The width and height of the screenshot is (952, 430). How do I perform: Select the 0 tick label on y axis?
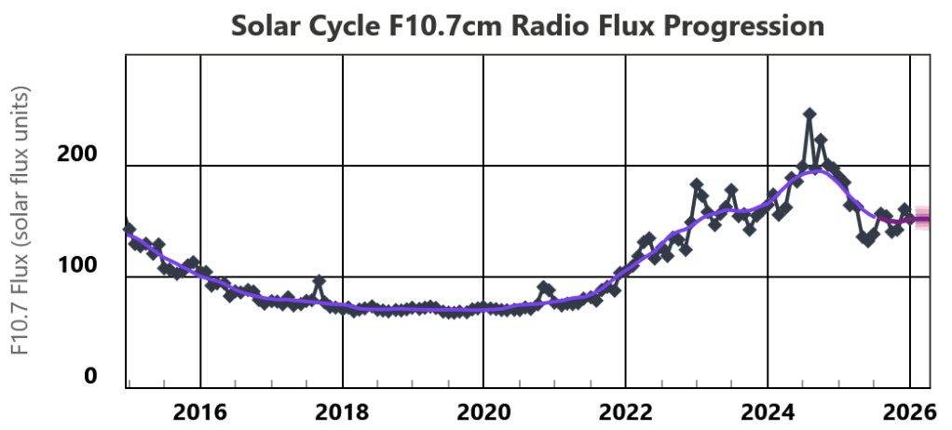click(90, 376)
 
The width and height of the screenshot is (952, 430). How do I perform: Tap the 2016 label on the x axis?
click(200, 410)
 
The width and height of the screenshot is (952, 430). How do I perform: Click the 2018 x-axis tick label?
click(342, 410)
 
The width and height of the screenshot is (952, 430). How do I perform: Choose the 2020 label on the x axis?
click(483, 410)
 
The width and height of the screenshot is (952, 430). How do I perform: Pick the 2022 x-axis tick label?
click(625, 410)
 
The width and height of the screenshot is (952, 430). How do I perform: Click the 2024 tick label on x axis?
click(767, 410)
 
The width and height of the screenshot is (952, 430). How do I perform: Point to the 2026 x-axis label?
click(908, 410)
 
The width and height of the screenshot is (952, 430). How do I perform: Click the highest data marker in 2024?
click(809, 114)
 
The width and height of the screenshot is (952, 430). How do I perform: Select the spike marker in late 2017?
click(319, 280)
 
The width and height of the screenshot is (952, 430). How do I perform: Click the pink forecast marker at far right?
click(922, 219)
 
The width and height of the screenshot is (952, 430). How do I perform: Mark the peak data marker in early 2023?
click(697, 184)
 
